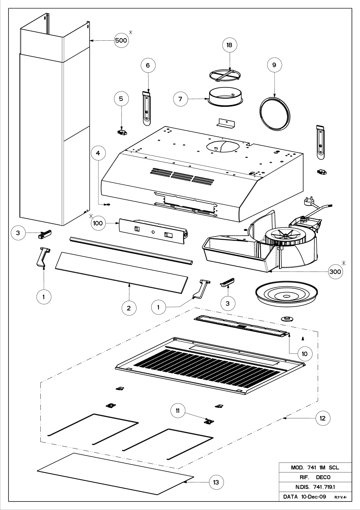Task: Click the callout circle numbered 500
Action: pos(121,40)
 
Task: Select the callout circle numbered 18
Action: pos(229,45)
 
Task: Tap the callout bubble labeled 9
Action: pos(274,65)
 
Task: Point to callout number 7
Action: pos(181,99)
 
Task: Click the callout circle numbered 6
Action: pos(148,65)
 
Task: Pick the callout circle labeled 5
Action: pos(121,99)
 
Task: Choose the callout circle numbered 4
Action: pos(98,153)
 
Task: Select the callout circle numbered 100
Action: pos(98,223)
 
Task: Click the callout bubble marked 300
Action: pos(335,272)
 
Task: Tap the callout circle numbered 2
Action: pos(129,308)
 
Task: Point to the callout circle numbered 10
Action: pos(305,354)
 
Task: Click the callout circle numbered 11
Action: pos(178,411)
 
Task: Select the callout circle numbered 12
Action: pos(323,418)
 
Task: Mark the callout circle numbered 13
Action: pos(216,482)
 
